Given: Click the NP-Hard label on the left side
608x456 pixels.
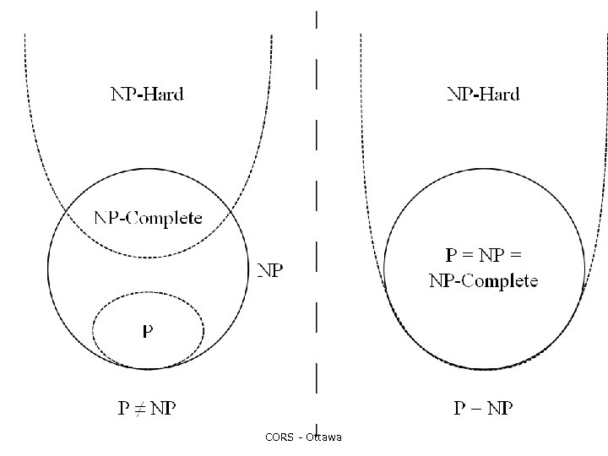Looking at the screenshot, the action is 147,94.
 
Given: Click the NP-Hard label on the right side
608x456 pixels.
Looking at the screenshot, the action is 483,94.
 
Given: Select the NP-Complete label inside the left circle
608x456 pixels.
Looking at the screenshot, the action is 148,218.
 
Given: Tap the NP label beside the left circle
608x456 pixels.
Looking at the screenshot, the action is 270,270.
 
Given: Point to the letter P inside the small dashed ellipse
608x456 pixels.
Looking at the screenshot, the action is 148,332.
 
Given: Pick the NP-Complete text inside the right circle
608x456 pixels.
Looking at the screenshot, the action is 483,280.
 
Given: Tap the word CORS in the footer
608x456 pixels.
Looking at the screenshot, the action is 278,437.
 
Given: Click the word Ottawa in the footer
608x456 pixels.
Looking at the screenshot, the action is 324,437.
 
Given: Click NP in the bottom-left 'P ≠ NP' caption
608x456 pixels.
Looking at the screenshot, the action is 160,409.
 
